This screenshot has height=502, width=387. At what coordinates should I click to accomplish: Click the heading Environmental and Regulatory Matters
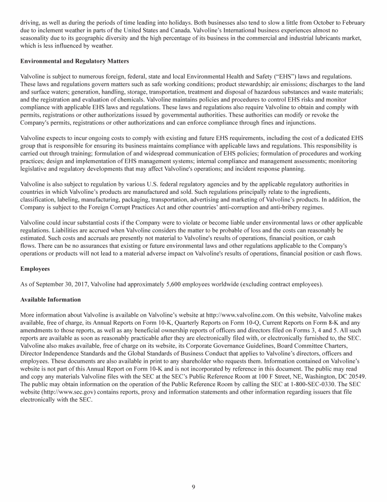[75, 61]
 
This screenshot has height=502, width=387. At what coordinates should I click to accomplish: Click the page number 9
[193, 486]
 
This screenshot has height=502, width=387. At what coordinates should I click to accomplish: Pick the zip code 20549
[357, 376]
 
